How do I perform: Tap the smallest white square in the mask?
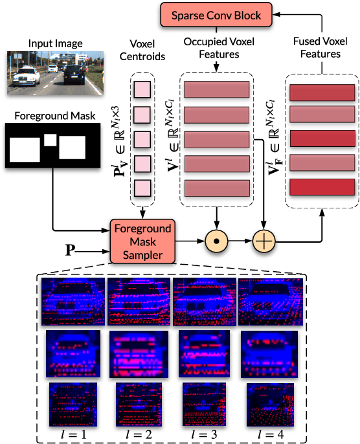(x=50, y=139)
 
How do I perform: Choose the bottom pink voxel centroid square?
(x=142, y=188)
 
